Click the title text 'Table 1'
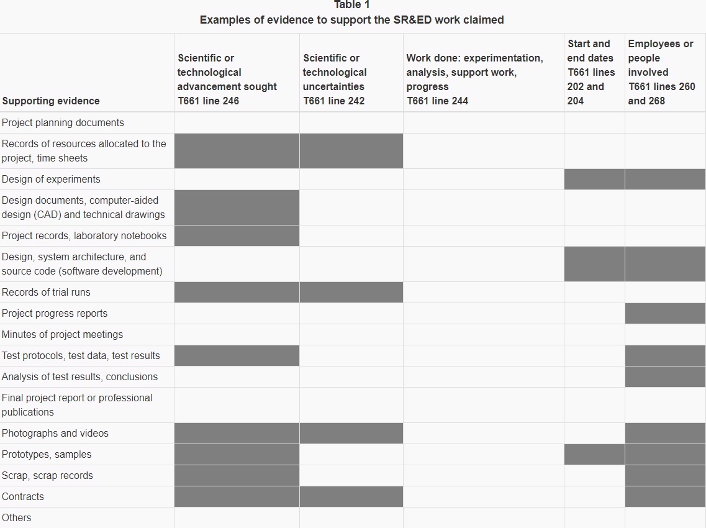pyautogui.click(x=351, y=5)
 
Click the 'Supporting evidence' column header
pyautogui.click(x=50, y=101)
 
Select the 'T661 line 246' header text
pyautogui.click(x=208, y=101)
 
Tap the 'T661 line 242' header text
pyautogui.click(x=333, y=101)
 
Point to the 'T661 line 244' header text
pyautogui.click(x=437, y=101)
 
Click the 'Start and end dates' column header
pyautogui.click(x=589, y=51)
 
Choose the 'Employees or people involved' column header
pyautogui.click(x=661, y=58)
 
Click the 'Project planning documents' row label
pyautogui.click(x=63, y=122)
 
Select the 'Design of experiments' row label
pyautogui.click(x=51, y=179)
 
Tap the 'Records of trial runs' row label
pyautogui.click(x=46, y=292)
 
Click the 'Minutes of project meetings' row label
pyautogui.click(x=62, y=334)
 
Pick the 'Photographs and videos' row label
pyautogui.click(x=55, y=433)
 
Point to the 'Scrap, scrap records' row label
pyautogui.click(x=47, y=475)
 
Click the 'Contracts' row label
pyautogui.click(x=23, y=496)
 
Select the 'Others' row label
pyautogui.click(x=16, y=517)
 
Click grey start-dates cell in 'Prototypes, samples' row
pyautogui.click(x=594, y=454)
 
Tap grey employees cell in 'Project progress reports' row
pyautogui.click(x=665, y=313)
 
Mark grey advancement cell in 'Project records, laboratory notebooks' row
pyautogui.click(x=237, y=235)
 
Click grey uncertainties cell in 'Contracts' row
pyautogui.click(x=351, y=496)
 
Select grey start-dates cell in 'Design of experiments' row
pyautogui.click(x=594, y=179)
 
